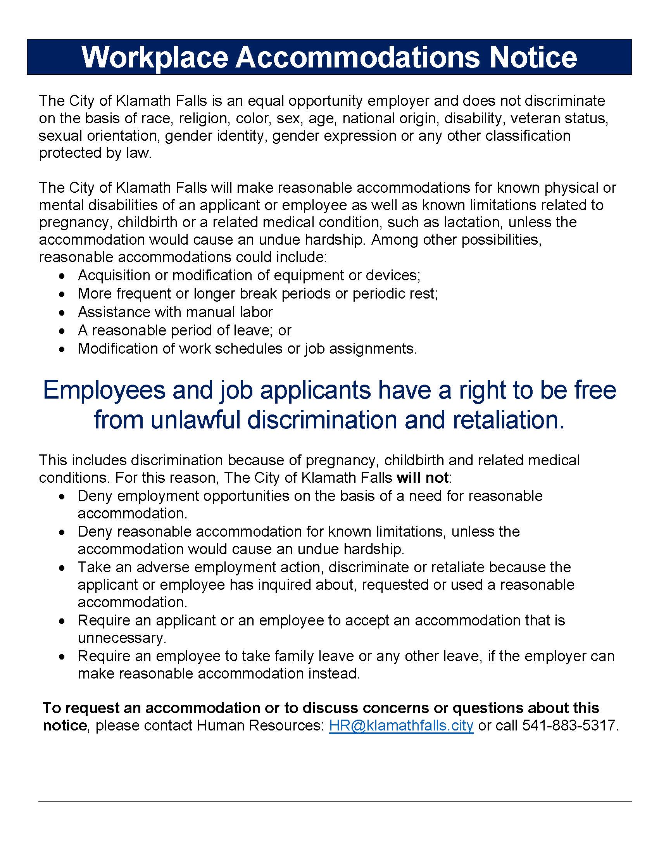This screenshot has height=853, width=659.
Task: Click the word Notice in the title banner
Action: pyautogui.click(x=533, y=57)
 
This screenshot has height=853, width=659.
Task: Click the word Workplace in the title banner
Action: pyautogui.click(x=155, y=57)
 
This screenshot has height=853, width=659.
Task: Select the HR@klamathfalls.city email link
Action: pyautogui.click(x=401, y=725)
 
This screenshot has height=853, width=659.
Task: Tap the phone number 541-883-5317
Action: pyautogui.click(x=569, y=725)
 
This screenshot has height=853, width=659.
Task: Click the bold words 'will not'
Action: pyautogui.click(x=423, y=478)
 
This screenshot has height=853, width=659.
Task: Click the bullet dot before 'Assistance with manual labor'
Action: pyautogui.click(x=62, y=313)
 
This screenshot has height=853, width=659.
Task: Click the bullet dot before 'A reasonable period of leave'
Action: pyautogui.click(x=62, y=331)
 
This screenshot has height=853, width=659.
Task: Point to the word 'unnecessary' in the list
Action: pyautogui.click(x=121, y=638)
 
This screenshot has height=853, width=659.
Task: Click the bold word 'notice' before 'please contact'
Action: pyautogui.click(x=65, y=725)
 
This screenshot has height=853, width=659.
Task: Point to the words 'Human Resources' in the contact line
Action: pyautogui.click(x=260, y=725)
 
